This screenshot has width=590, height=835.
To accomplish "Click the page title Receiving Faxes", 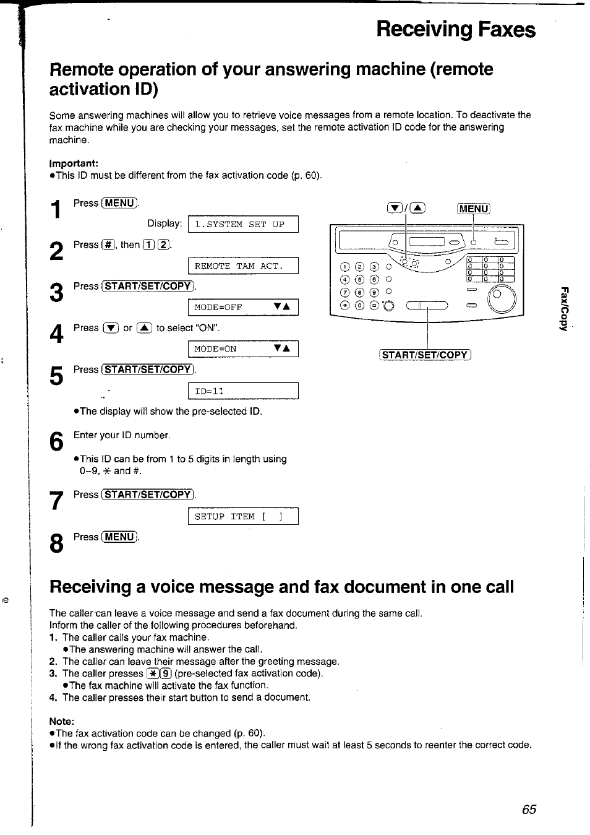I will point(456,29).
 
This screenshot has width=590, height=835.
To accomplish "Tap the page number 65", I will point(529,810).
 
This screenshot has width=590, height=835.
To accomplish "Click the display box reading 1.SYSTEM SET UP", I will point(243,224).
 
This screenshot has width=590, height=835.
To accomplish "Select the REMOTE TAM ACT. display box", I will point(243,266).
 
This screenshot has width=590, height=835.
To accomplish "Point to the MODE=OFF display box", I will point(243,307).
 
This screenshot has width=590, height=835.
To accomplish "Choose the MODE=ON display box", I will point(243,348).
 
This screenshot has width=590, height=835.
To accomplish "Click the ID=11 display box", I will point(243,391).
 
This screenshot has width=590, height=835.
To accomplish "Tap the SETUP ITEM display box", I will point(243,516).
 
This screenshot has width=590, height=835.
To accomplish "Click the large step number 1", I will point(56,210).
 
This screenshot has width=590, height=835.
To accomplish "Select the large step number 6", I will point(56,443).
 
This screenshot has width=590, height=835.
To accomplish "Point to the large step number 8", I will point(56,544).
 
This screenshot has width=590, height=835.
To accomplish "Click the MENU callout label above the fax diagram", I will point(473,209).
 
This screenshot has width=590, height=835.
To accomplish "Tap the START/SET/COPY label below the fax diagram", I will point(425,355).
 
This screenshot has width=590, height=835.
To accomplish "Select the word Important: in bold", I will point(74,163).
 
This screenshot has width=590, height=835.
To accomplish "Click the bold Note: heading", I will point(62,721).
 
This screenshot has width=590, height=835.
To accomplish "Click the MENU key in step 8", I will point(120,537).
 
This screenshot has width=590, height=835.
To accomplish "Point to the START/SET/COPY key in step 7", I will point(148,495).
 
